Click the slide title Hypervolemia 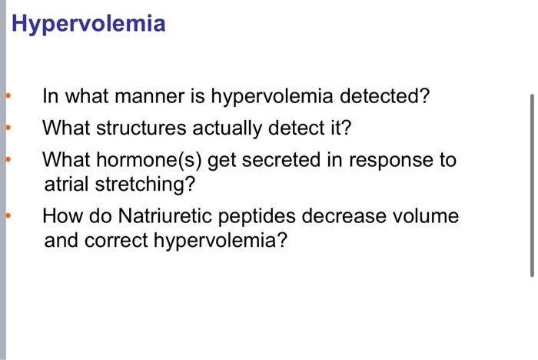click(88, 24)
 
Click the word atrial click(66, 185)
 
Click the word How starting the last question click(59, 215)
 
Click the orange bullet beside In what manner click(8, 97)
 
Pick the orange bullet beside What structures click(8, 127)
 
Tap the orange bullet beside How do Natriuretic click(8, 216)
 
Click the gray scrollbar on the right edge click(531, 185)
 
